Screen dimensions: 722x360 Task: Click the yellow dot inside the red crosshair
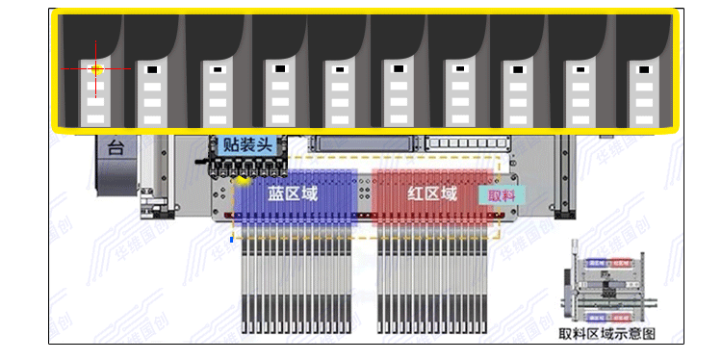point(97,69)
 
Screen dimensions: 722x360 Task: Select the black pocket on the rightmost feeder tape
point(638,69)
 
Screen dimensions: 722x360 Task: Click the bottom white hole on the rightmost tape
point(639,118)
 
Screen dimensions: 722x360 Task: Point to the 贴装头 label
point(248,145)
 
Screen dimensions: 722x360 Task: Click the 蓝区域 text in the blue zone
point(293,193)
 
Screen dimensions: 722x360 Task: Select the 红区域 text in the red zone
point(433,193)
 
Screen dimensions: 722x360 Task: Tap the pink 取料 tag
point(503,194)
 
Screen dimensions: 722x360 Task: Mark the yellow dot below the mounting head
point(244,180)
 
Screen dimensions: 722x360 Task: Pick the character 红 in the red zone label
point(417,193)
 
